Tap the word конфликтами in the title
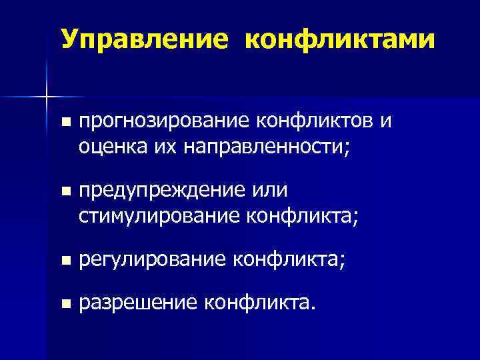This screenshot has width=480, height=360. (340, 39)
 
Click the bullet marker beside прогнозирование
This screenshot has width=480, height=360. (64, 123)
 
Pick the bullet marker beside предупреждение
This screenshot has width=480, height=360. (64, 191)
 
